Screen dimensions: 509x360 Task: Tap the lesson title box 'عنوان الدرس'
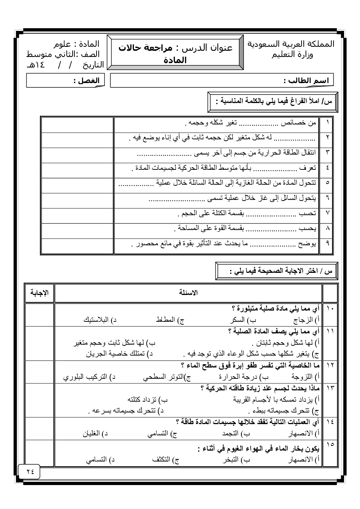tap(175, 53)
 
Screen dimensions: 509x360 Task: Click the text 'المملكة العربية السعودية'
tap(291, 44)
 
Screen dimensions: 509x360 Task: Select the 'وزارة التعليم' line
tap(292, 55)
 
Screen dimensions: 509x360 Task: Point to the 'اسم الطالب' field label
tap(306, 81)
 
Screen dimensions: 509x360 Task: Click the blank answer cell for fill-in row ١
tap(77, 124)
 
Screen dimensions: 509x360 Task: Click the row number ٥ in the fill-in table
tap(327, 185)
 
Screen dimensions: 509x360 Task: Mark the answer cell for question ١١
tap(39, 343)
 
